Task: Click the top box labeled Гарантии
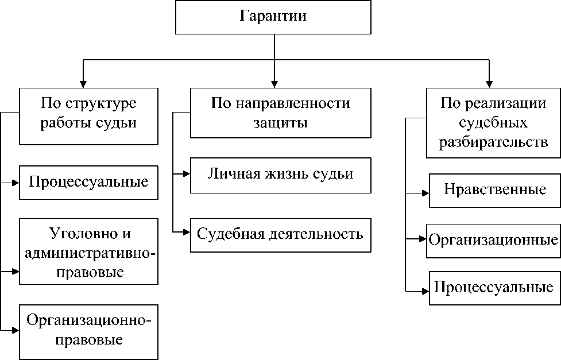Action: click(x=273, y=17)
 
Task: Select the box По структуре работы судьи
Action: click(x=88, y=115)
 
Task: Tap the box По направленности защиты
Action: click(x=280, y=114)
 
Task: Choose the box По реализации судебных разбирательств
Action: click(x=493, y=123)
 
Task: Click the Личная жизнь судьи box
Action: click(x=280, y=174)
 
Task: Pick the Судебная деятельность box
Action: click(x=280, y=234)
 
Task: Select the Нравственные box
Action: click(x=494, y=189)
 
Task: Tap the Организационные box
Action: click(x=493, y=239)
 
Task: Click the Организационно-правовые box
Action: click(x=88, y=330)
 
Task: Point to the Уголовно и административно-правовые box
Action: click(x=88, y=251)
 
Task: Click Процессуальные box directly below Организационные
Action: click(x=494, y=287)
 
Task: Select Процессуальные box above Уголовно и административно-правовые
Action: click(x=88, y=183)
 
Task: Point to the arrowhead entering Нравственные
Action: click(x=425, y=193)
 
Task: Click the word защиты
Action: click(x=280, y=123)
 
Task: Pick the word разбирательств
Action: click(x=493, y=142)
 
